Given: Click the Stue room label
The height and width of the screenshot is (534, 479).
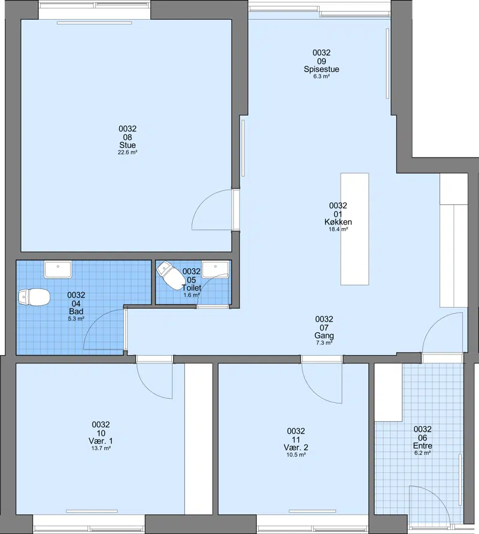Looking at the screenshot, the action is [128, 145].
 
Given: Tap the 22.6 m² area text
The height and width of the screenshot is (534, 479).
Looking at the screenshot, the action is [128, 153].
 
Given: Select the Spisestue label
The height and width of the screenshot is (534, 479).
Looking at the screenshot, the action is [322, 69].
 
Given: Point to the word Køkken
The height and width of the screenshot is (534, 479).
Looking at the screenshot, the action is [338, 222].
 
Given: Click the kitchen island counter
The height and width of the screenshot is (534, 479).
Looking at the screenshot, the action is [354, 229].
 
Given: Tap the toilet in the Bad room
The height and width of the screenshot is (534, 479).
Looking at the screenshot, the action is [34, 297].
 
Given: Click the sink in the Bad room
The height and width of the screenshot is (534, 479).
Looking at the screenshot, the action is [58, 270].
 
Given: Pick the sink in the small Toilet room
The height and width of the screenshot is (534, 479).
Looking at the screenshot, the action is [215, 270].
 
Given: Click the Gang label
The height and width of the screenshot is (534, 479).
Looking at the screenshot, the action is [324, 335].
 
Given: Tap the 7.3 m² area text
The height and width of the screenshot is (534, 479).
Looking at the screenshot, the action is [324, 343].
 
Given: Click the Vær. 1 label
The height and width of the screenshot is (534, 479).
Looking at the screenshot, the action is [101, 441].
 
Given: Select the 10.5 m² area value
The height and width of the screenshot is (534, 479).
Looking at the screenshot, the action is [296, 455].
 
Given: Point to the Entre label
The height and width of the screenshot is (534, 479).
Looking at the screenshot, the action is [423, 446].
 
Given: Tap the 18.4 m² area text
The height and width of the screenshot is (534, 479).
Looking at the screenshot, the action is [338, 229].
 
